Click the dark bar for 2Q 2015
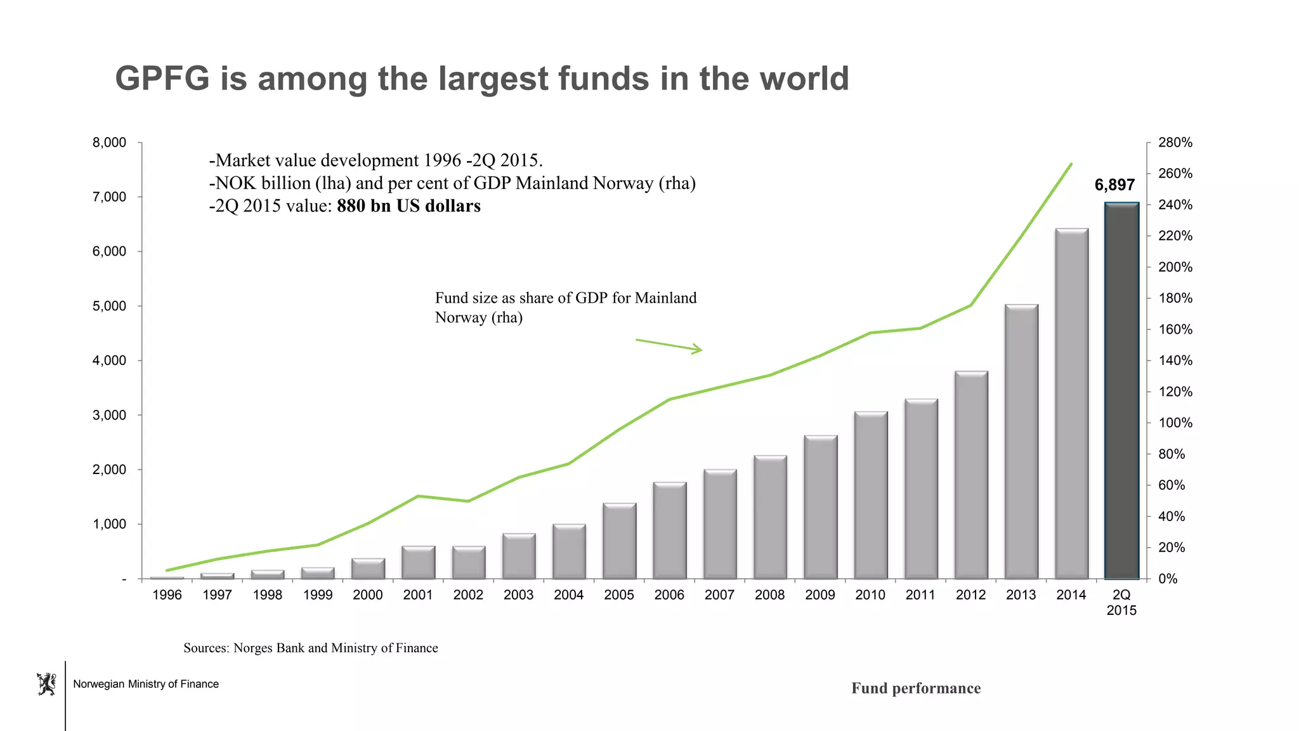pyautogui.click(x=1121, y=390)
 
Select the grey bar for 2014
pyautogui.click(x=1071, y=404)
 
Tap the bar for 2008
pyautogui.click(x=770, y=517)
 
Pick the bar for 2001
pyautogui.click(x=418, y=562)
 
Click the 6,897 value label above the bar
pyautogui.click(x=1114, y=185)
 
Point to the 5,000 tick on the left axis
pyautogui.click(x=110, y=306)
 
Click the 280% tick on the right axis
pyautogui.click(x=1175, y=143)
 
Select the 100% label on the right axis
pyautogui.click(x=1175, y=423)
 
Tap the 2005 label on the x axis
pyautogui.click(x=619, y=595)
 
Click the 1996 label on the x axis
pyautogui.click(x=167, y=595)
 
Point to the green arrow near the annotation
pyautogui.click(x=669, y=345)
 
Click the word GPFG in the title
pyautogui.click(x=162, y=79)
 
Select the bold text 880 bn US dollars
pyautogui.click(x=408, y=206)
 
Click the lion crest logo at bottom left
pyautogui.click(x=46, y=684)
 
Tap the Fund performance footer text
pyautogui.click(x=915, y=688)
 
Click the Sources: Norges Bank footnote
pyautogui.click(x=311, y=648)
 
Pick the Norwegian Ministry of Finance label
pyautogui.click(x=146, y=684)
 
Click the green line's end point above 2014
pyautogui.click(x=1071, y=164)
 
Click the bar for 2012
pyautogui.click(x=971, y=475)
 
